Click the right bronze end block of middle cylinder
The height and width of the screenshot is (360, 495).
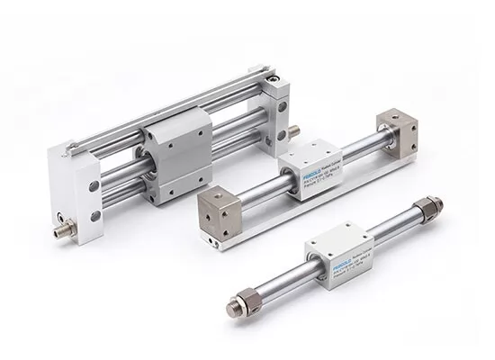(396, 131)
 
